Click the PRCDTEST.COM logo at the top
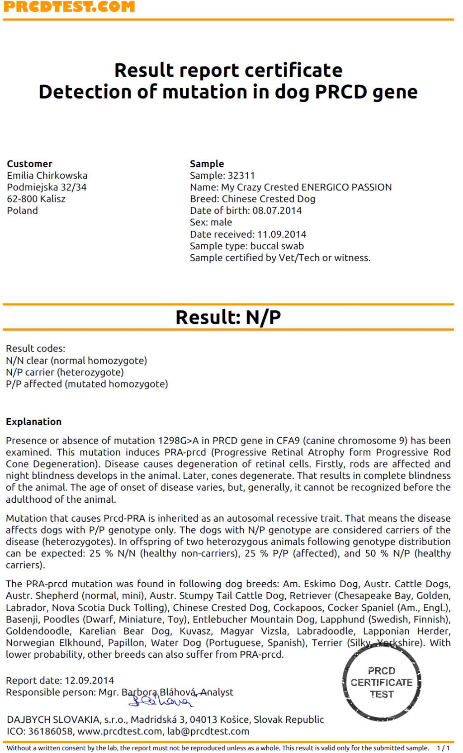pos(69,7)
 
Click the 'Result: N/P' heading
pos(228,317)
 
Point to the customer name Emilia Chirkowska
pos(47,175)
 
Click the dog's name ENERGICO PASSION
pos(346,187)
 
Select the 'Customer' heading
pos(29,164)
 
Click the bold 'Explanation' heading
pos(33,421)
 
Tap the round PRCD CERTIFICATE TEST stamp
pos(382,683)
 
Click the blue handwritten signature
pos(161,700)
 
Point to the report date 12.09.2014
pos(90,680)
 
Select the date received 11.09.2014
pos(281,234)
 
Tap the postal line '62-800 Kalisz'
pos(36,199)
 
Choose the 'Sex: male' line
pos(211,222)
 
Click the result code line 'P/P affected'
pos(87,384)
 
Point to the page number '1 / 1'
pos(443,748)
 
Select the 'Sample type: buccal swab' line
pos(246,246)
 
